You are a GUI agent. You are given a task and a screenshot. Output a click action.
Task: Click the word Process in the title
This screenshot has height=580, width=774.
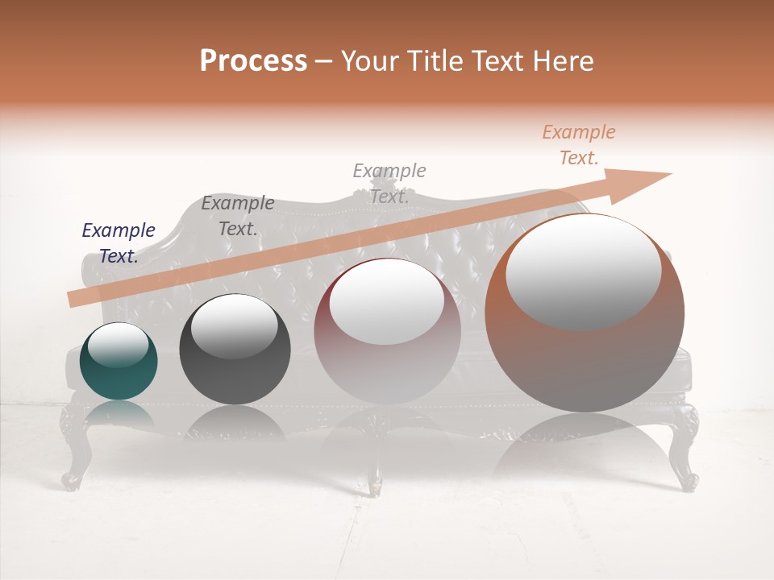point(253,61)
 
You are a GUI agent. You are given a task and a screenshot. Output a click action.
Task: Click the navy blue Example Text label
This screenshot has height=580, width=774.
point(119,243)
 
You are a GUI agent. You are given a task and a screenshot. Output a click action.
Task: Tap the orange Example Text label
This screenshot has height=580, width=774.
point(578,145)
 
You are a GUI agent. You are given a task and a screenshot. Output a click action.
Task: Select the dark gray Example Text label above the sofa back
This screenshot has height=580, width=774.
point(237,216)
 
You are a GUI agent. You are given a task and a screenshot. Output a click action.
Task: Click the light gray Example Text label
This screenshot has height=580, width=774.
point(389,183)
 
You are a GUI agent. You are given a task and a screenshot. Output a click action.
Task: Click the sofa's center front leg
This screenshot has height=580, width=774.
point(375,475)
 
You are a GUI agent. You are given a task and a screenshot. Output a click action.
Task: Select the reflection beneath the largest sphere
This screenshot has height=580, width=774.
point(585,451)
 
